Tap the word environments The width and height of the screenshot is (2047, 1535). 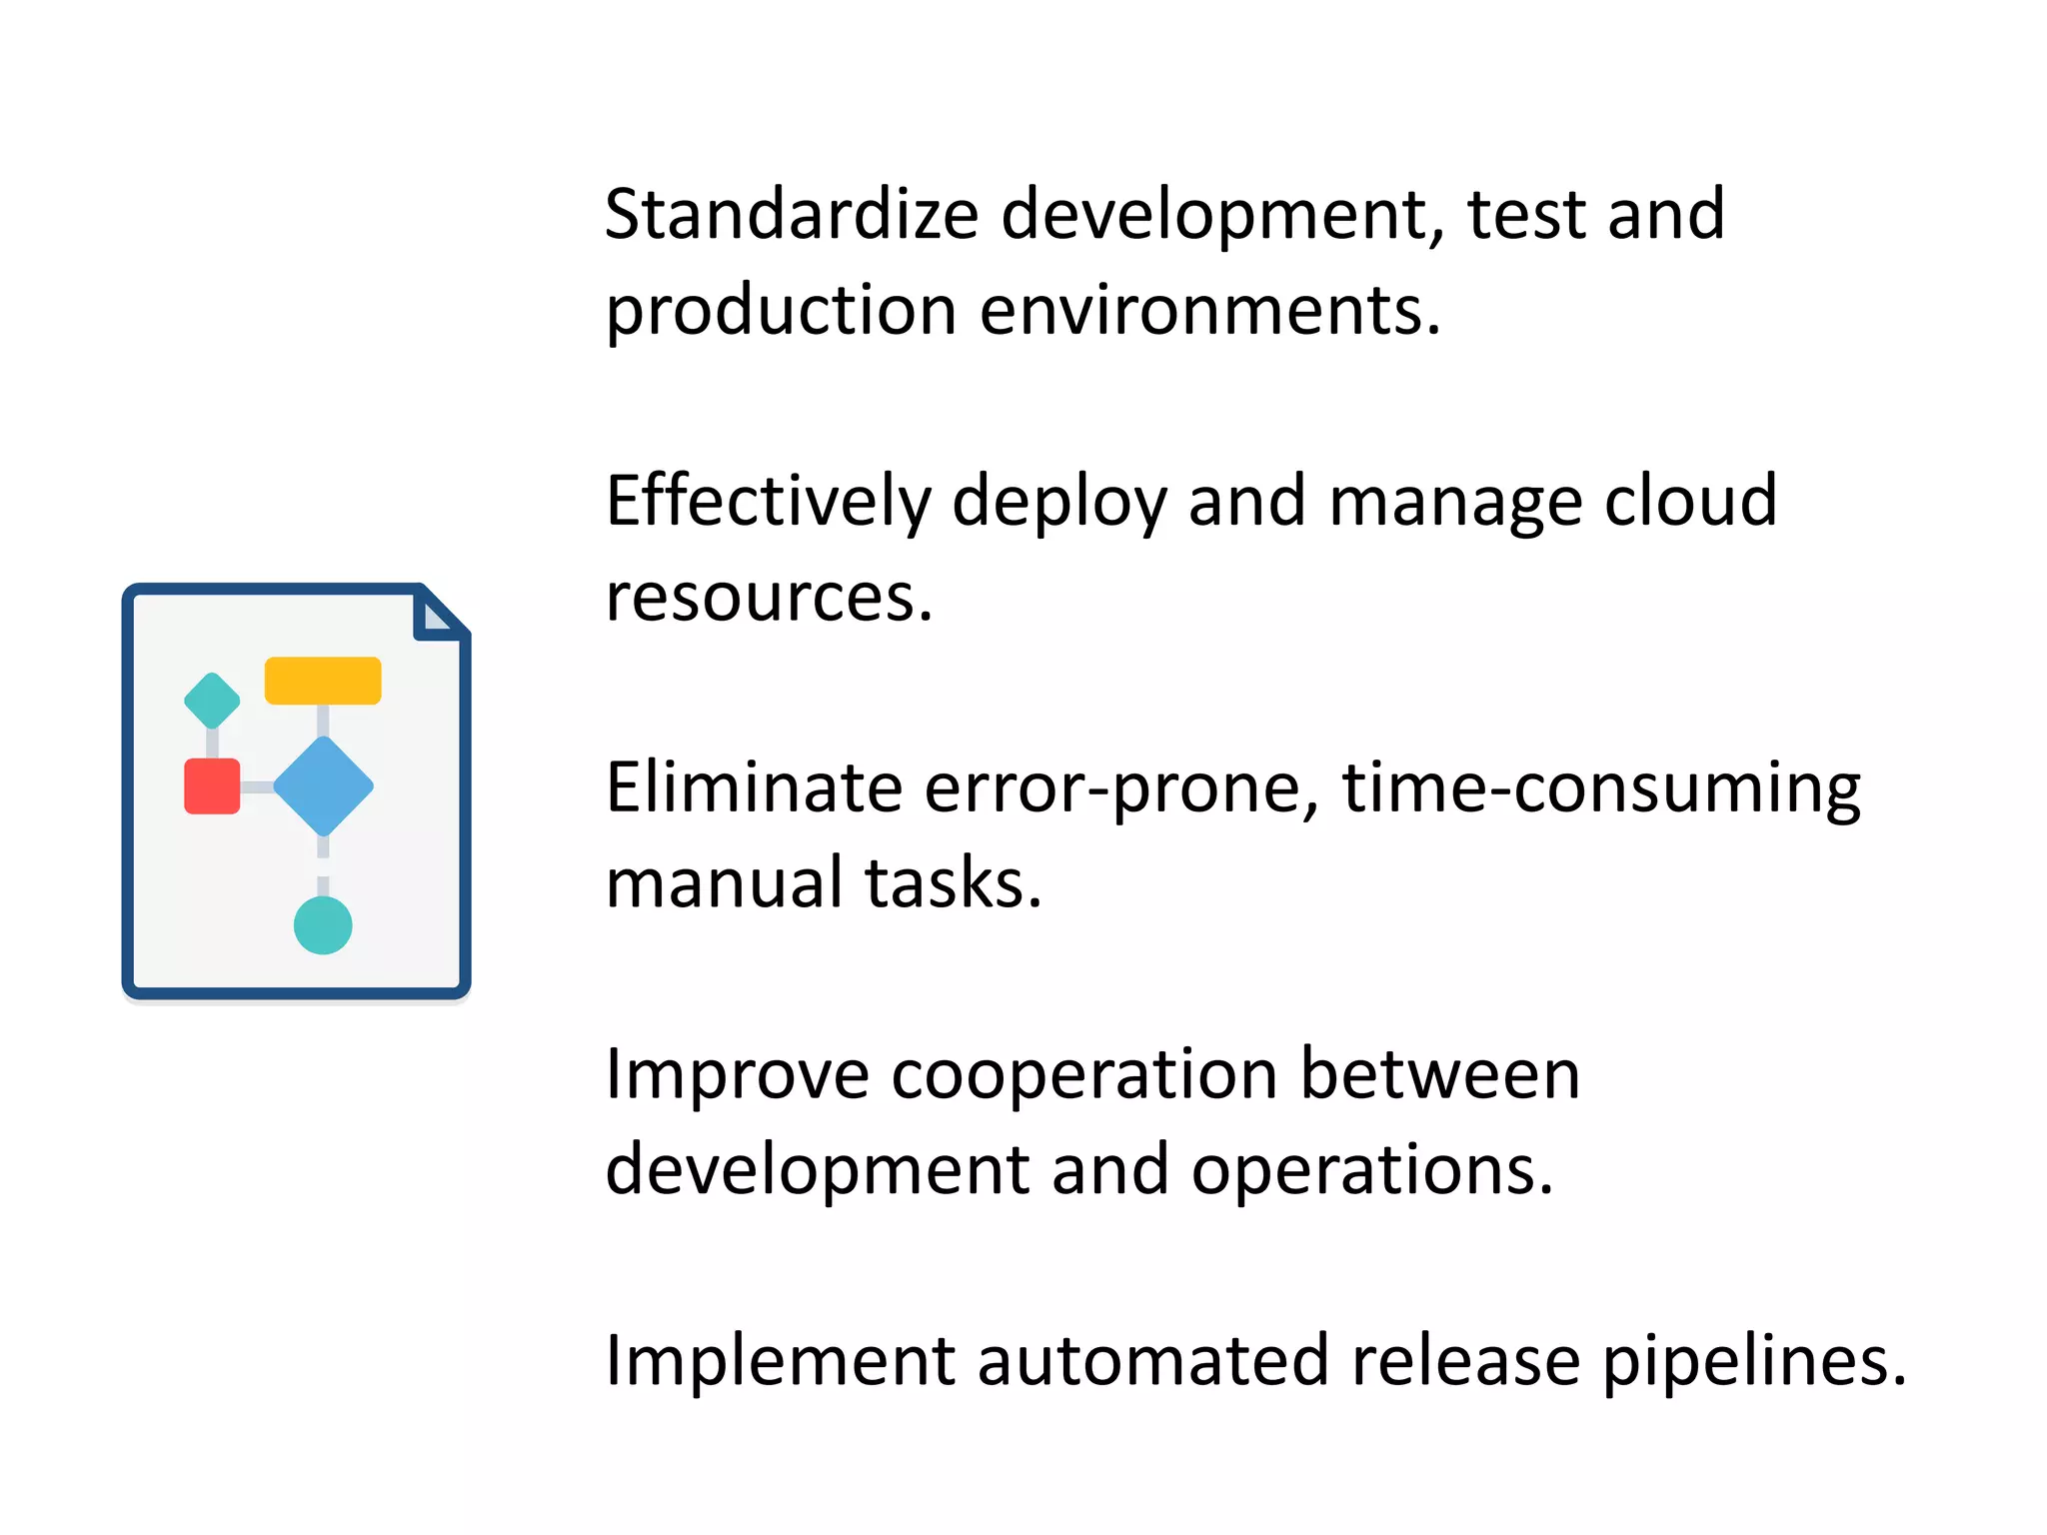click(x=1210, y=310)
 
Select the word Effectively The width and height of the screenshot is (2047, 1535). click(x=768, y=502)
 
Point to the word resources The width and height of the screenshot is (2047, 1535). click(x=769, y=598)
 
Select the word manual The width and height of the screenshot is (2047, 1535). click(x=724, y=882)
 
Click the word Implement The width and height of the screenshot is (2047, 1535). click(x=781, y=1362)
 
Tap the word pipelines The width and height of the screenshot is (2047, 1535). click(x=1754, y=1362)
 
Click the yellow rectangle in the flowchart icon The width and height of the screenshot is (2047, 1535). click(x=323, y=681)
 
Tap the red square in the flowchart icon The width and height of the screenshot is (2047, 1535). click(x=212, y=786)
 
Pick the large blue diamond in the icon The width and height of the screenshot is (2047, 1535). click(x=323, y=786)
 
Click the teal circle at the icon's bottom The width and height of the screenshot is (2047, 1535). click(x=323, y=925)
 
